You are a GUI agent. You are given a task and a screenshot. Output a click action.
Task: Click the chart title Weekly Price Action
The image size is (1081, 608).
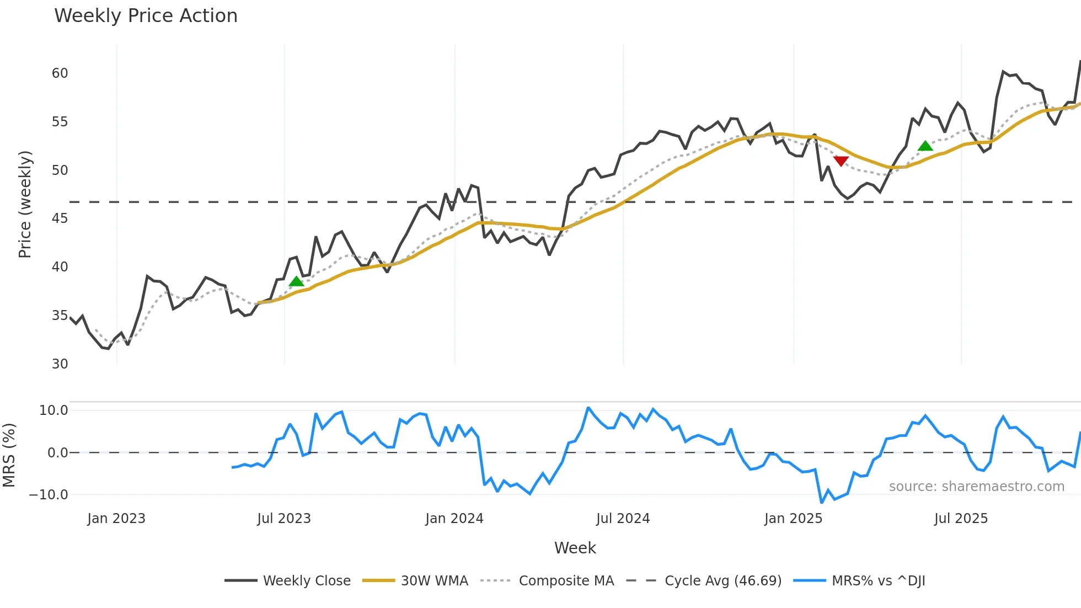click(146, 16)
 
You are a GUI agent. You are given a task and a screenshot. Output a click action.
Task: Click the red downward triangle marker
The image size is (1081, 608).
click(841, 161)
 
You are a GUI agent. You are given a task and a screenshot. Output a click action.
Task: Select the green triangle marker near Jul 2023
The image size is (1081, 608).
click(296, 281)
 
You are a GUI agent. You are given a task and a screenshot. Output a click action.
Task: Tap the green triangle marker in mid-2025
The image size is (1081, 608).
click(925, 146)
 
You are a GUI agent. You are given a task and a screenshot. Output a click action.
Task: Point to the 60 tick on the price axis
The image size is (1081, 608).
click(60, 73)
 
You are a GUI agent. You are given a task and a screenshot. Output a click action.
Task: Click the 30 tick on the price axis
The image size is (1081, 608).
click(60, 364)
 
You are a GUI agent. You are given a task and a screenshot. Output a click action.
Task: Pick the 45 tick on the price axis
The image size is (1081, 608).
click(60, 218)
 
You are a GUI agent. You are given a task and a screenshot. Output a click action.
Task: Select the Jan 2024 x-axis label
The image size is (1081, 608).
click(454, 519)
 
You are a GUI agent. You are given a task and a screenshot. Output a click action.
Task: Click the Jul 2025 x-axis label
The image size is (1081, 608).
click(961, 519)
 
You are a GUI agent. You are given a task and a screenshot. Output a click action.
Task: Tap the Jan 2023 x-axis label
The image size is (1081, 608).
click(116, 519)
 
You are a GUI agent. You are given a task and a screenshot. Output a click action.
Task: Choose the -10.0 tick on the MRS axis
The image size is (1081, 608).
click(49, 495)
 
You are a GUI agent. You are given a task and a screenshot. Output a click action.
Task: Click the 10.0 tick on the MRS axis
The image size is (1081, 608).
click(53, 410)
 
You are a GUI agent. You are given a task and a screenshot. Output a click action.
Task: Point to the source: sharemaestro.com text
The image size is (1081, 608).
click(976, 487)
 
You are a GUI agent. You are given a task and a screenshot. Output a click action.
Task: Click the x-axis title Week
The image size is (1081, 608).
click(575, 548)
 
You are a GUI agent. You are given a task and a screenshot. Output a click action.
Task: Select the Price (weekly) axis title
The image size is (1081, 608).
click(25, 204)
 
